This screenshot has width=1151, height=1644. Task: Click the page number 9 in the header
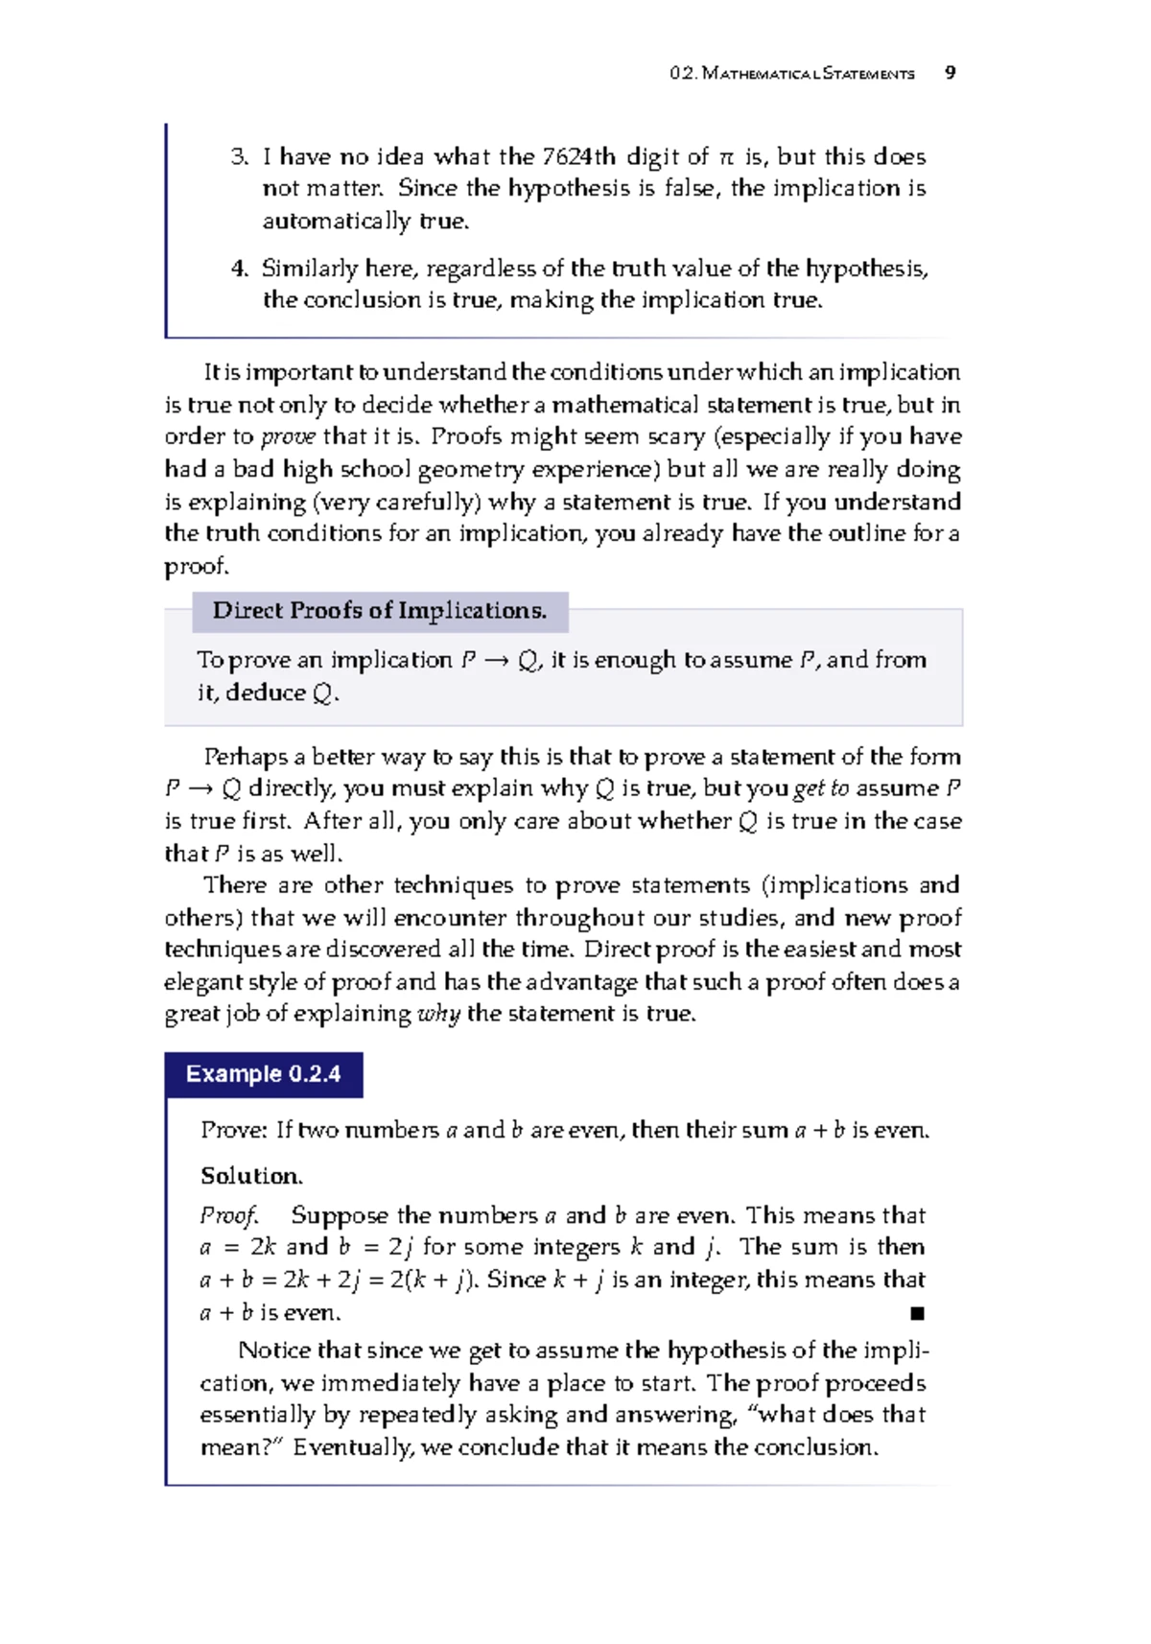[950, 73]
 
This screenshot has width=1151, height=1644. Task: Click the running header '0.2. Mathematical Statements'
[792, 74]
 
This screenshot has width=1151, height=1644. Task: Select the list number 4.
[239, 269]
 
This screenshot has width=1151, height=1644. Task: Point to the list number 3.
[239, 156]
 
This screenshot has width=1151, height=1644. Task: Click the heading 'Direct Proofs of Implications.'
[380, 611]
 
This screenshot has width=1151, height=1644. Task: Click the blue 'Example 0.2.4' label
[264, 1074]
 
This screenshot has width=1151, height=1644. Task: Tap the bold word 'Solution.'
[251, 1176]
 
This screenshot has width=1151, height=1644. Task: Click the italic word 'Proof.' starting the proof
[228, 1216]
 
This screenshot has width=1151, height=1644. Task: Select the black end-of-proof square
[918, 1313]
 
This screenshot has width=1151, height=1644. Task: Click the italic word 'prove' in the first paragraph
[288, 437]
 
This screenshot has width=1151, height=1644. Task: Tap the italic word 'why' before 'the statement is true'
[439, 1015]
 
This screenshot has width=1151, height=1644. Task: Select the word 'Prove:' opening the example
[234, 1131]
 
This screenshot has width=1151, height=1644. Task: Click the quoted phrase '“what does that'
[834, 1415]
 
